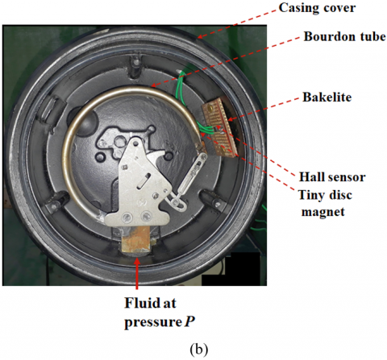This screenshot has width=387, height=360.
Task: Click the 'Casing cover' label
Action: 317,8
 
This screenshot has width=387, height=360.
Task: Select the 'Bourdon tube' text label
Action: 345,36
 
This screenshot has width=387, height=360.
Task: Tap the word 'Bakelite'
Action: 327,97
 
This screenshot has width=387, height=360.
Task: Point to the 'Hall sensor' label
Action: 332,177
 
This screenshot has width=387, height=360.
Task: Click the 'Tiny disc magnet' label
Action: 325,203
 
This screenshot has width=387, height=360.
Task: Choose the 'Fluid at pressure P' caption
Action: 160,312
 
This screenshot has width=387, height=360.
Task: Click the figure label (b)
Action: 198,350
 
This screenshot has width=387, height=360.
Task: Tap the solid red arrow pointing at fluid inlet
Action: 137,273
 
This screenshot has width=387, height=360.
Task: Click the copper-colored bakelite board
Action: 220,127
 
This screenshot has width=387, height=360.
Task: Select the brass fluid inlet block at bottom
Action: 135,239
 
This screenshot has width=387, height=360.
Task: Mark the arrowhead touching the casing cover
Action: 199,37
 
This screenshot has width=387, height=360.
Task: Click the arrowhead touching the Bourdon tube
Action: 153,85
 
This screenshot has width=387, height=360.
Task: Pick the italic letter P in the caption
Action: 189,321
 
